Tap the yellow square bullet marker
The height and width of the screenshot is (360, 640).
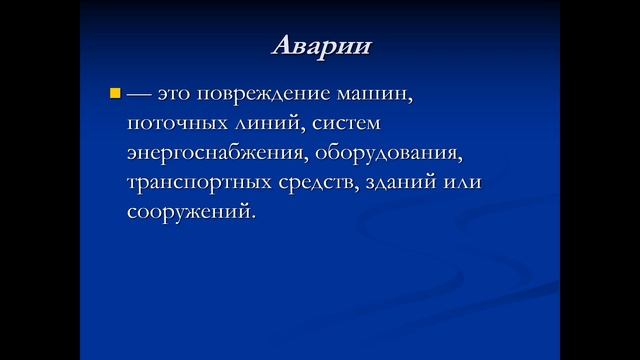pyautogui.click(x=113, y=95)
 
